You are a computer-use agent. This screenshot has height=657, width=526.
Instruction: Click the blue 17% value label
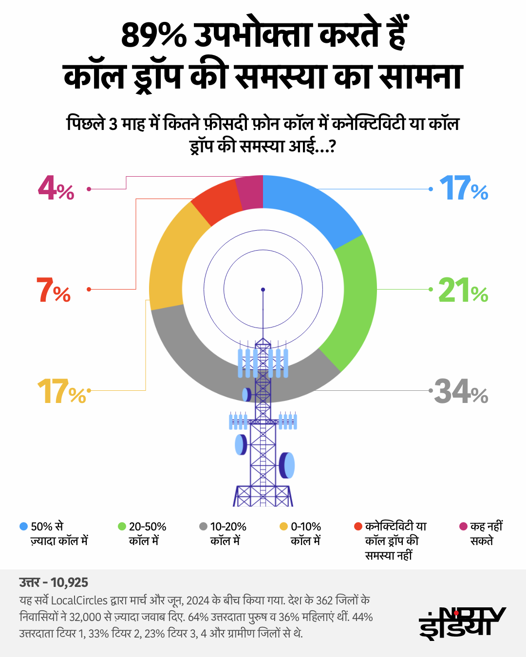(463, 189)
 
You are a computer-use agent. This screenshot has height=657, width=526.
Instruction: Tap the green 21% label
(463, 291)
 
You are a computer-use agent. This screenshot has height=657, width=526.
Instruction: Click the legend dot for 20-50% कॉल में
(122, 527)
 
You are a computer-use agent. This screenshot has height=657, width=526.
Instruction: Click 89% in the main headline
(153, 35)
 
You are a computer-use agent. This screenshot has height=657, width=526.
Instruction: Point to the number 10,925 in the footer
(69, 583)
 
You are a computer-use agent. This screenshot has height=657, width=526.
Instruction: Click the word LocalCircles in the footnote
(79, 601)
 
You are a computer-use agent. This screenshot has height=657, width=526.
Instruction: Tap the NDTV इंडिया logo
(462, 623)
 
